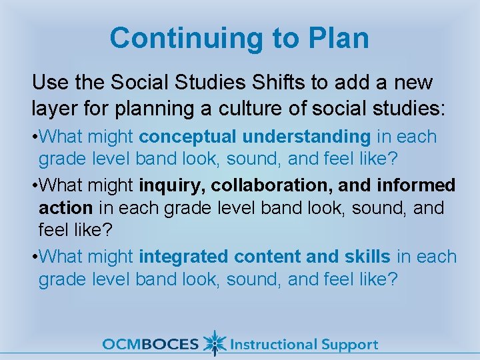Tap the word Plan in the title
point(338,39)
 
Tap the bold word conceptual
point(187,137)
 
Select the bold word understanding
point(307,137)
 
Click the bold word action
point(65,208)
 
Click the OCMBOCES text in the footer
point(151,345)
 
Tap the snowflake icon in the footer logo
point(214,343)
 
